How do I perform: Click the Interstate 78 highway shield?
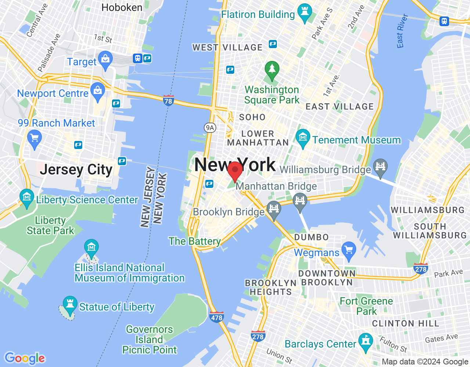[x=168, y=101]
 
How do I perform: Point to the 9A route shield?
[x=210, y=128]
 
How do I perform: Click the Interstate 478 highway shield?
[x=217, y=317]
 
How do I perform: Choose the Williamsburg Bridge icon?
[x=380, y=167]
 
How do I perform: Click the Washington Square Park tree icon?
[x=272, y=69]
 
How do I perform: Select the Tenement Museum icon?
[x=303, y=137]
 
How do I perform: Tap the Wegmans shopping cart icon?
[x=348, y=250]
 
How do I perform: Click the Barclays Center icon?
[x=365, y=341]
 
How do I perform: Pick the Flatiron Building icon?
[x=304, y=11]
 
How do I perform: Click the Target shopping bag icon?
[x=106, y=59]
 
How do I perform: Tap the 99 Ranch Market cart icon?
[x=35, y=139]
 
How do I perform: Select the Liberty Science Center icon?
[x=26, y=197]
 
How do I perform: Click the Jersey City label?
[x=76, y=170]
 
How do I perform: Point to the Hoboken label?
[x=122, y=7]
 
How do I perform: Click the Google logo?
[x=25, y=358]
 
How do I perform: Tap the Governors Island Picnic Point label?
[x=149, y=339]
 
